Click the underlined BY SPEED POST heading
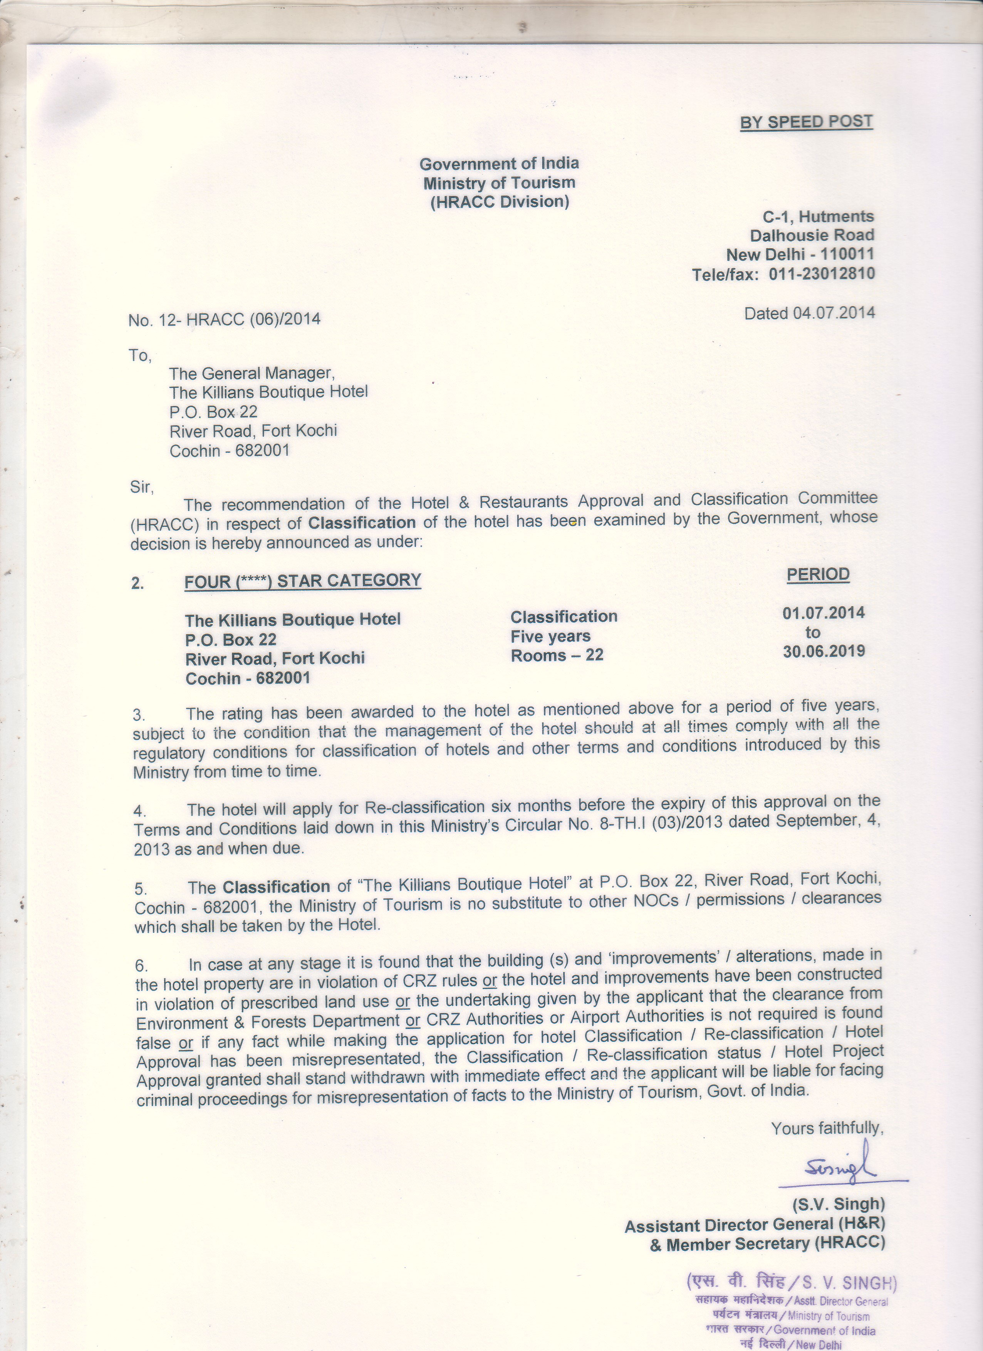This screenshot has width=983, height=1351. pyautogui.click(x=806, y=122)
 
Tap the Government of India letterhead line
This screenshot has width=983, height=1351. pyautogui.click(x=499, y=163)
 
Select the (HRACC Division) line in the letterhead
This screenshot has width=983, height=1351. pyautogui.click(x=499, y=202)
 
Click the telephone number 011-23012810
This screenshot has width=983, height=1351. pyautogui.click(x=822, y=274)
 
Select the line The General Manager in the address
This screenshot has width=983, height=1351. pyautogui.click(x=252, y=374)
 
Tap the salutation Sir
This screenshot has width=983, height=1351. pyautogui.click(x=142, y=487)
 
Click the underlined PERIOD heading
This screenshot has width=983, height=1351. pyautogui.click(x=818, y=574)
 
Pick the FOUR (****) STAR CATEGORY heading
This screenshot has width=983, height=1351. pyautogui.click(x=303, y=581)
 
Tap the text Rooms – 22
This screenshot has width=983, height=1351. pyautogui.click(x=557, y=655)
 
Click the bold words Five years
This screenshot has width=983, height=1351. pyautogui.click(x=550, y=636)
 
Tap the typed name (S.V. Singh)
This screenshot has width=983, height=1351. pyautogui.click(x=838, y=1204)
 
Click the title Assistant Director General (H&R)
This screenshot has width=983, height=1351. pyautogui.click(x=754, y=1225)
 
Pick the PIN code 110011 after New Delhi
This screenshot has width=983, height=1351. pyautogui.click(x=847, y=254)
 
